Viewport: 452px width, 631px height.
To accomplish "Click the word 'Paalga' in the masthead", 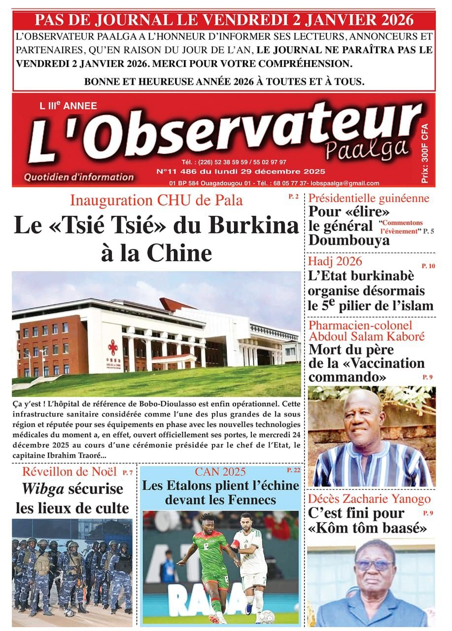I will [x=367, y=145].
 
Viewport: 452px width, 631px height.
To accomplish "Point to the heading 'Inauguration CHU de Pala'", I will [x=156, y=201].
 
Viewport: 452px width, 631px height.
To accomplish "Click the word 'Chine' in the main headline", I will [x=183, y=253].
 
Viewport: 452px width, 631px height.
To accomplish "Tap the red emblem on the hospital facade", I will [x=113, y=347].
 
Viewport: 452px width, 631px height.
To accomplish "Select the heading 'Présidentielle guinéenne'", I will [x=369, y=199].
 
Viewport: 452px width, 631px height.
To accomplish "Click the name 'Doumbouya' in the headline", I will [x=349, y=240].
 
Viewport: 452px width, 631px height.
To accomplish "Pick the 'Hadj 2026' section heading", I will [x=335, y=261].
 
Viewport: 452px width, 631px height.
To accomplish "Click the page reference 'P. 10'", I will [x=428, y=266].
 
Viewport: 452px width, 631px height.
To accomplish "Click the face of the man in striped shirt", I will [x=364, y=419].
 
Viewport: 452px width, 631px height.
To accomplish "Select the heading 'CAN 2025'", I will [x=220, y=471].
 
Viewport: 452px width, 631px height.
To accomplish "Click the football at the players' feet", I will [x=267, y=615].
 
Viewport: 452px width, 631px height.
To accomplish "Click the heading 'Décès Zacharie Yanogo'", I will [x=369, y=499].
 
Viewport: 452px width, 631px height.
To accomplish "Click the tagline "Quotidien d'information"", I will [x=79, y=177].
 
